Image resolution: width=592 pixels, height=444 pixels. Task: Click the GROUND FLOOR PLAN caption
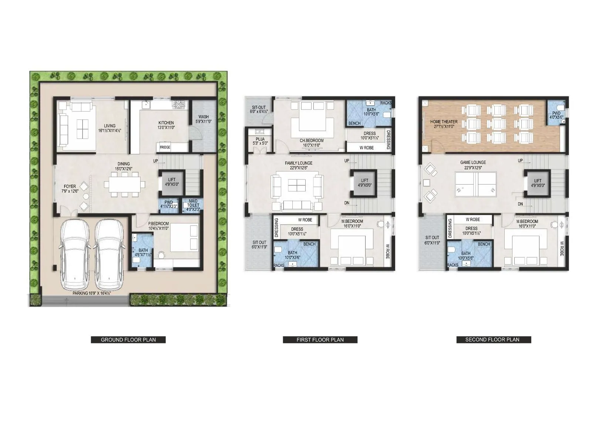(x=128, y=340)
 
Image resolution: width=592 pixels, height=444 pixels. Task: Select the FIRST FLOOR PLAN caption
(x=320, y=340)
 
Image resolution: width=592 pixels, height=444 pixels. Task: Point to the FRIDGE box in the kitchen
(x=165, y=147)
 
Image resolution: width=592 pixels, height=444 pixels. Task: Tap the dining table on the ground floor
(x=124, y=184)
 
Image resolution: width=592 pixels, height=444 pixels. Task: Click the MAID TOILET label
(x=193, y=205)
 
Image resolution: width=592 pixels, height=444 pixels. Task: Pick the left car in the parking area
(x=74, y=255)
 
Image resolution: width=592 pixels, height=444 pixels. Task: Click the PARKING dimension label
(x=92, y=293)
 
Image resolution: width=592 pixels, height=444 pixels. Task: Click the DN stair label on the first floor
(x=347, y=203)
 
